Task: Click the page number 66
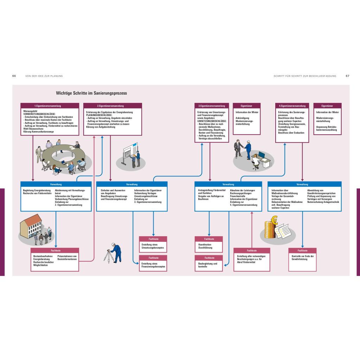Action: [14, 76]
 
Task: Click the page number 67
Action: [347, 76]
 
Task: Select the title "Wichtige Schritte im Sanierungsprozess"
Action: [91, 93]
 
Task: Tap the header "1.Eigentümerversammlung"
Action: [48, 105]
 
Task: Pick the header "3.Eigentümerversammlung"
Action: [212, 105]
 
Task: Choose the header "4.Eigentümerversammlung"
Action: [292, 105]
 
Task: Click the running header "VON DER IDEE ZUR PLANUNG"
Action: [44, 76]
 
